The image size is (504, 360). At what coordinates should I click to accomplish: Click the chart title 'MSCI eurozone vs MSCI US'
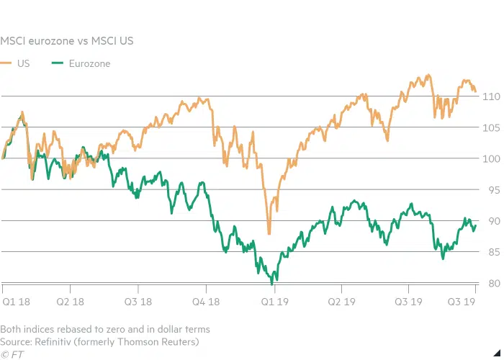(66, 41)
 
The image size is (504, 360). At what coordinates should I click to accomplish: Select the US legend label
(24, 63)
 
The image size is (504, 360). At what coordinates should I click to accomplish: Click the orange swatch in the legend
(8, 63)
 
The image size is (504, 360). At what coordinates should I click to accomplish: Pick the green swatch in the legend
(58, 63)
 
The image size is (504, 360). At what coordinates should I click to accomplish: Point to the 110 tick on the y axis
(491, 96)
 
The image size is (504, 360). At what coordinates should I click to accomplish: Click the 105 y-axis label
(491, 128)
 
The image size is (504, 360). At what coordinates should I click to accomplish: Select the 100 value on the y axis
(491, 159)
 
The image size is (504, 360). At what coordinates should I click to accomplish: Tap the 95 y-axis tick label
(492, 190)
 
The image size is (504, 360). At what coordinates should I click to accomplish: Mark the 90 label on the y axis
(492, 221)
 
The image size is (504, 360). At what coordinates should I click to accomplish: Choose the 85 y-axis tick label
(492, 252)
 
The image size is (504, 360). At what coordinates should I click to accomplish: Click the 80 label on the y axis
(492, 283)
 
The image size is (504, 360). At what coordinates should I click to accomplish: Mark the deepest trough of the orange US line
(269, 233)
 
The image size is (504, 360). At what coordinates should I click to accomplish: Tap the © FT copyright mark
(11, 353)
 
